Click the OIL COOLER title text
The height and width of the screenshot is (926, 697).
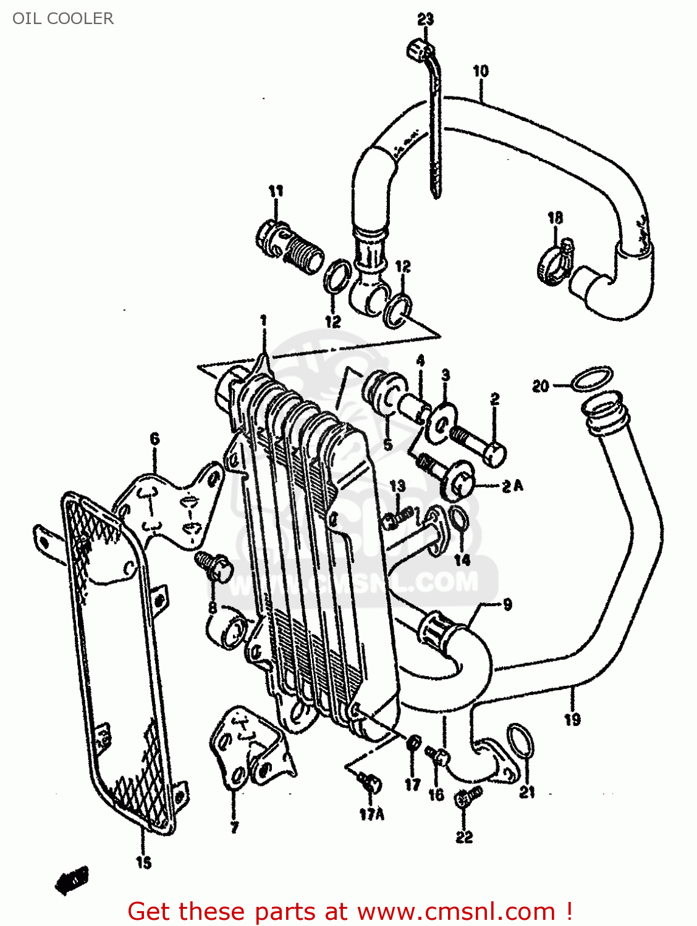(x=63, y=19)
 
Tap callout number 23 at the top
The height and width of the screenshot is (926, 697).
(x=425, y=20)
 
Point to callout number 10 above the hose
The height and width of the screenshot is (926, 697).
(x=480, y=72)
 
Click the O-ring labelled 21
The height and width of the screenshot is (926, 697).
(x=520, y=741)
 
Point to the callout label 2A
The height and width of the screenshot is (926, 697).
(x=512, y=486)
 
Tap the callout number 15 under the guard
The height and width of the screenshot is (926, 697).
(x=143, y=862)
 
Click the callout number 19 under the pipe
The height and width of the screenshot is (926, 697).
(x=572, y=719)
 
